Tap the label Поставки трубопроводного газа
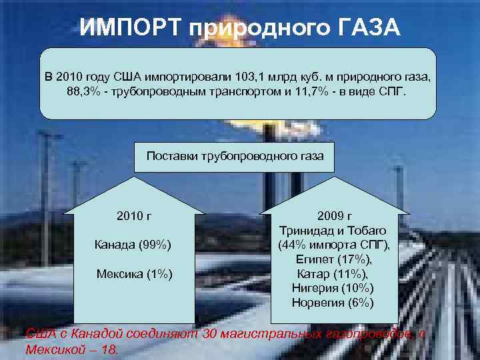point(235,156)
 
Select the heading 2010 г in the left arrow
point(134,216)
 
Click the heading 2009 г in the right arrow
point(333,216)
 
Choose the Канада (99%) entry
point(134,245)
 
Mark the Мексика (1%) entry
point(134,273)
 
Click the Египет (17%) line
point(333,259)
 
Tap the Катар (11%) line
point(333,273)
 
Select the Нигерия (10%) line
point(333,288)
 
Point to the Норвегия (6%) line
point(333,303)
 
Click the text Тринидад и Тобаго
point(333,230)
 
